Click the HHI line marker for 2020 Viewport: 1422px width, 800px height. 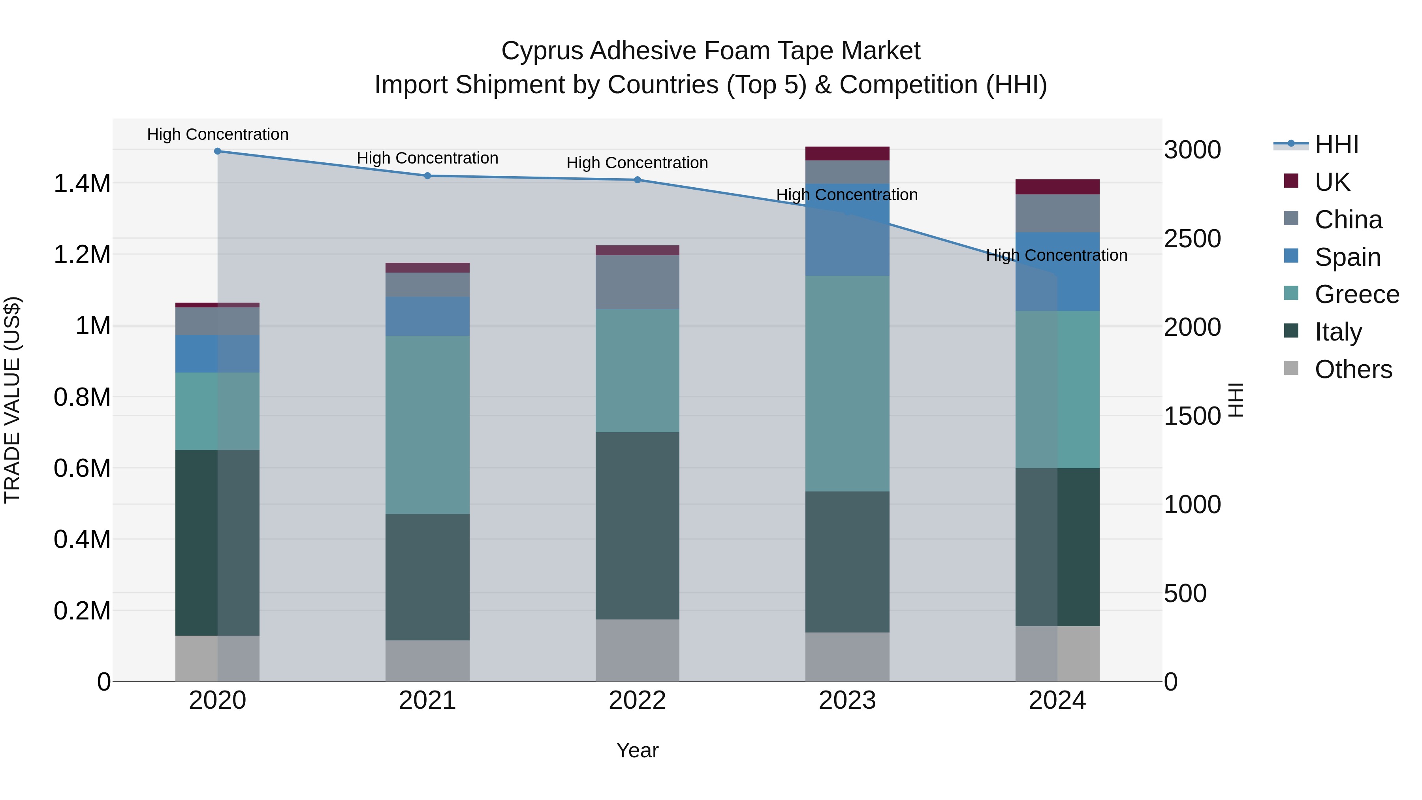tap(218, 151)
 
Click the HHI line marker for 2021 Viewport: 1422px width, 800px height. tap(427, 175)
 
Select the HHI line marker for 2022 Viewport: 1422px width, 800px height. tap(637, 179)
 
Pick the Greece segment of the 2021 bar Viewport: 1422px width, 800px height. tap(427, 425)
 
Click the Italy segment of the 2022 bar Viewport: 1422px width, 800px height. tap(637, 525)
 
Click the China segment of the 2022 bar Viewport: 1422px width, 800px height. tap(637, 282)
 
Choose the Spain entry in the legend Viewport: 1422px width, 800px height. tap(1347, 257)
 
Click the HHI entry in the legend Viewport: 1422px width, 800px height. tap(1336, 145)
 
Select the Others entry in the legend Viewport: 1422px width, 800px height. tap(1353, 369)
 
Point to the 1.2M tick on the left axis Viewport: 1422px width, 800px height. tap(82, 254)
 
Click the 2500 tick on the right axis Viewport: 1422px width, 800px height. tap(1193, 239)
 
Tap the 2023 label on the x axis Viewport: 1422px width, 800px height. tap(847, 700)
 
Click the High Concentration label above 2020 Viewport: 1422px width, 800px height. tap(218, 134)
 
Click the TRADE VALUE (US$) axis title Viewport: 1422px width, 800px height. tap(12, 400)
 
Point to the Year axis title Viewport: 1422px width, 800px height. tap(637, 750)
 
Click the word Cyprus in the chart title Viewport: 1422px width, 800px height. tap(541, 51)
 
